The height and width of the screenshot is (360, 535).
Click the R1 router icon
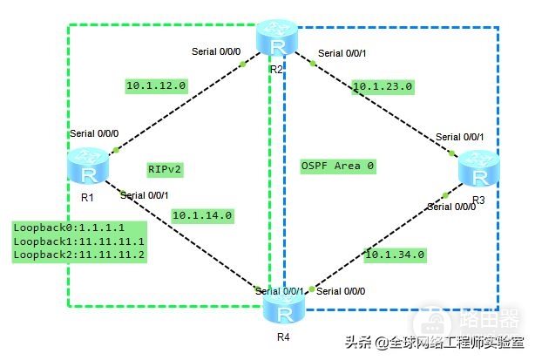[x=88, y=166]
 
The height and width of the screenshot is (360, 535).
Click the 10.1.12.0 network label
[x=155, y=86]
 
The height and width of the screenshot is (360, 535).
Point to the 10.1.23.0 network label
[x=383, y=86]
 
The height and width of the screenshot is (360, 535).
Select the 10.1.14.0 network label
[x=201, y=214]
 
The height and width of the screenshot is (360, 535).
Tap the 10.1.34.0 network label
[x=395, y=255]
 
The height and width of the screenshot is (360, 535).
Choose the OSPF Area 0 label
[x=337, y=166]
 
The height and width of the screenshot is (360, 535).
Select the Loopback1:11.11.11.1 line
[x=78, y=241]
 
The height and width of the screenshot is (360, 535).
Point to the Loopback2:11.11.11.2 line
[x=78, y=255]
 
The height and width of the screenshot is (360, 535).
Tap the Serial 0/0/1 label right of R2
[x=347, y=54]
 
